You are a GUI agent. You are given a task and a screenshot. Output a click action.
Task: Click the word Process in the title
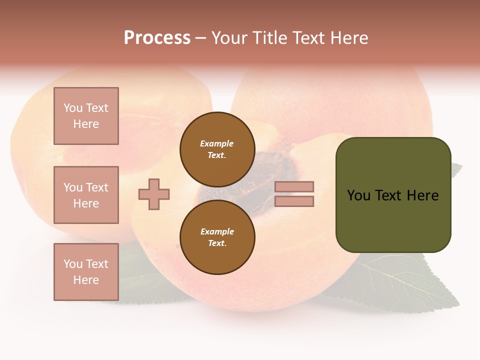tap(157, 38)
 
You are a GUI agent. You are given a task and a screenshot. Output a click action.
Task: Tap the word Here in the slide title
tap(348, 38)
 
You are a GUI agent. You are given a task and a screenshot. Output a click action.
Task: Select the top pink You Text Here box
tap(86, 116)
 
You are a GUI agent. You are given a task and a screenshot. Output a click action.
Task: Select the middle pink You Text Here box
tap(86, 195)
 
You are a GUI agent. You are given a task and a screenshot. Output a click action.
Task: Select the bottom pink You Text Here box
tap(86, 272)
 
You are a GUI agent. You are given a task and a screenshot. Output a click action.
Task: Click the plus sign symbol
tap(154, 194)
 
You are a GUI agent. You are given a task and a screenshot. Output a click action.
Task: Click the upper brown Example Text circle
tap(217, 149)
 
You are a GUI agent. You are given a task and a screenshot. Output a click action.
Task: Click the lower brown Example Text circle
tap(217, 237)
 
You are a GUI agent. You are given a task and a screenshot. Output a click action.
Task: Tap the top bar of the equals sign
tap(294, 186)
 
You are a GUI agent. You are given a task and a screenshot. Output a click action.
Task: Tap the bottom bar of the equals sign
tap(294, 201)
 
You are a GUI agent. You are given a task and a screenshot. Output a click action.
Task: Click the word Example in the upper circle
tap(217, 143)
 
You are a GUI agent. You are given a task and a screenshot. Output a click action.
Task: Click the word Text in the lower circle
tap(217, 243)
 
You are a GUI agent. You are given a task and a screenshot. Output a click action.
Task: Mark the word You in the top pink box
tap(73, 108)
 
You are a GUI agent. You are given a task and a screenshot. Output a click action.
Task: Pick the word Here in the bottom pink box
tap(86, 280)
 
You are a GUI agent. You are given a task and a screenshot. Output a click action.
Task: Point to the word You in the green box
tap(358, 195)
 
